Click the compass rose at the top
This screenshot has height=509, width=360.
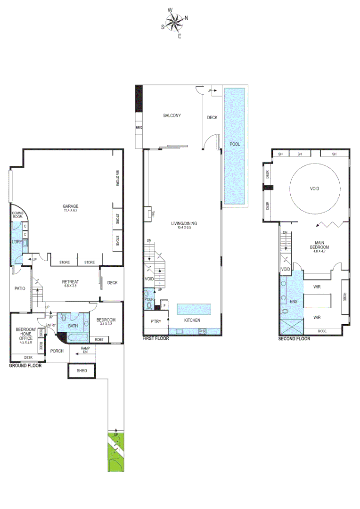(175, 22)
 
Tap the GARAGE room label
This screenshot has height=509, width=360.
(70, 206)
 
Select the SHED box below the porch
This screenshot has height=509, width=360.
(82, 371)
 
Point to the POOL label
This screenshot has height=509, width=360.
(234, 144)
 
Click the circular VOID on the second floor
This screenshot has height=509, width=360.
(314, 189)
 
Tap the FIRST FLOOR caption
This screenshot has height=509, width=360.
(155, 338)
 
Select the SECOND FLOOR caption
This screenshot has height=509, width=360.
(294, 338)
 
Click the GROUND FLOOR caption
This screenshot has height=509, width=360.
(25, 365)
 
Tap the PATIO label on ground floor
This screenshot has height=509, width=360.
(19, 288)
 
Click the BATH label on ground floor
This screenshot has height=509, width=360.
(73, 326)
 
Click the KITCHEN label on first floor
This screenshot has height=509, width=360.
(192, 320)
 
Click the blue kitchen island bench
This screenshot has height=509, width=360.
(194, 309)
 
